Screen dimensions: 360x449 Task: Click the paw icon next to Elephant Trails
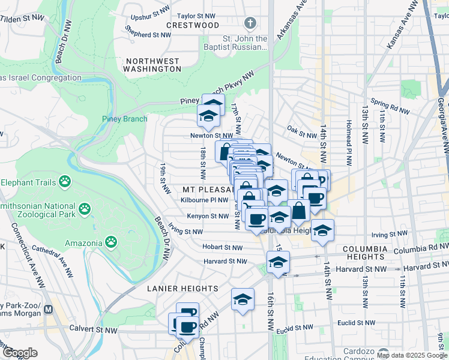coord(65,182)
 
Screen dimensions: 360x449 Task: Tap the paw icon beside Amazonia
coord(110,242)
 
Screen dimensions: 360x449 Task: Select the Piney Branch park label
coord(124,119)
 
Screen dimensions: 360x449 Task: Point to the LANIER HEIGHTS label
coord(182,289)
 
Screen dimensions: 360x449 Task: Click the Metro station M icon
coord(49,310)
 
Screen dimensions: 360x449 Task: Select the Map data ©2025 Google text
coord(411,355)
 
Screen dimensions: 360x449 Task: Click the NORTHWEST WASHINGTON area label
coord(152,65)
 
